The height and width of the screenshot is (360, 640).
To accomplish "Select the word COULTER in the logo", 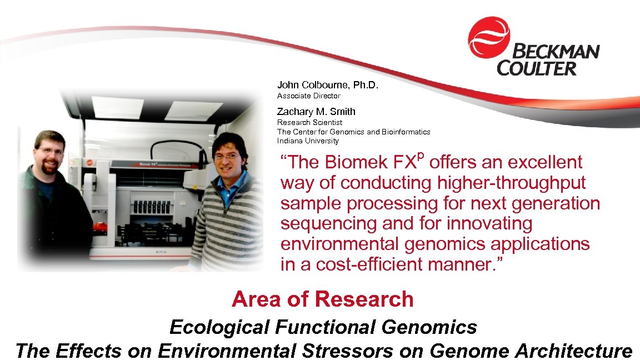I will click(529, 69).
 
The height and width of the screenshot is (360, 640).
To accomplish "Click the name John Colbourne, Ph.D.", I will click(327, 85).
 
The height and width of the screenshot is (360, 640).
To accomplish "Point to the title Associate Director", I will click(308, 96).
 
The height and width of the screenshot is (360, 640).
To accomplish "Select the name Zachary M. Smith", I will click(316, 111).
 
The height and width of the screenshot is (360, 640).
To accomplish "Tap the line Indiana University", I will click(308, 141).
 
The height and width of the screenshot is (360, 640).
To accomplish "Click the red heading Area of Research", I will click(322, 299).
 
